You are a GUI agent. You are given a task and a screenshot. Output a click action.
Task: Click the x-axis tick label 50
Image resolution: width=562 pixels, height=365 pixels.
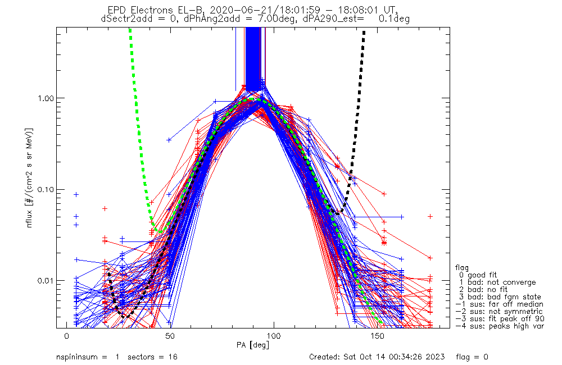(170, 335)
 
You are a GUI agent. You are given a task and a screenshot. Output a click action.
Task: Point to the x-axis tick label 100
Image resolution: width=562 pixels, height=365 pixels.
(274, 335)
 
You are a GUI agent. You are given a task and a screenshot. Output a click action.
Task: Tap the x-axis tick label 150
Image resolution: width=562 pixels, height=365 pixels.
(377, 335)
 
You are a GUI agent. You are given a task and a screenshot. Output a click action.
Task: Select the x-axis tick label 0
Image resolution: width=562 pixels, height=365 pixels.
(66, 335)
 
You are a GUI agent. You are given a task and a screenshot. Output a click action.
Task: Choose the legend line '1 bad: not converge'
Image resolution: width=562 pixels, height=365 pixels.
(495, 282)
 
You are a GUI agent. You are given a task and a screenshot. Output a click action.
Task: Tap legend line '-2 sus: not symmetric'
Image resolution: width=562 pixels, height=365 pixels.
(499, 311)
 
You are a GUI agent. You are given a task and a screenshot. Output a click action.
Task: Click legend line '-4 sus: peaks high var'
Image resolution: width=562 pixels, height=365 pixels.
(499, 326)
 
